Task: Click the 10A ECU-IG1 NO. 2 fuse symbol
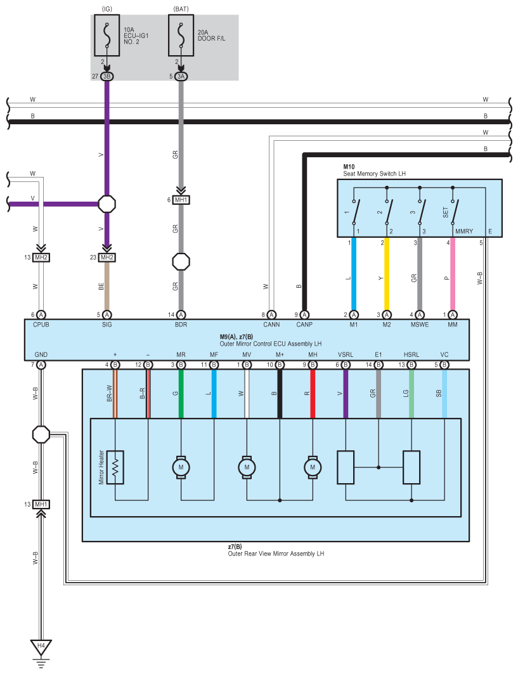pyautogui.click(x=107, y=36)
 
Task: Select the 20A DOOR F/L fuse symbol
pyautogui.click(x=181, y=36)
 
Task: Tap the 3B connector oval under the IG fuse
pyautogui.click(x=107, y=77)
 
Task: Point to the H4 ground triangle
pyautogui.click(x=41, y=647)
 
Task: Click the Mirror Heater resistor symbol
pyautogui.click(x=115, y=467)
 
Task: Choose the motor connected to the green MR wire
pyautogui.click(x=181, y=467)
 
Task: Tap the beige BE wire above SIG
pyautogui.click(x=107, y=286)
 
